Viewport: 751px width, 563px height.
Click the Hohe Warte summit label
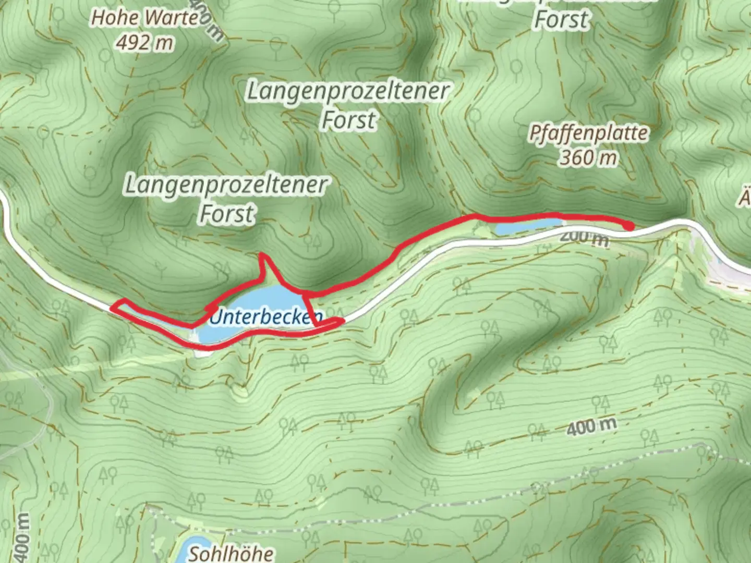(x=144, y=18)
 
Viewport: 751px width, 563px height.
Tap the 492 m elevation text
(x=144, y=42)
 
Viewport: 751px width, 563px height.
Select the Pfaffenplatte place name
(x=588, y=133)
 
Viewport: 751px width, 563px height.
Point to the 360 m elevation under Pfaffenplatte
(x=588, y=157)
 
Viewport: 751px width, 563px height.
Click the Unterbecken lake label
(x=265, y=316)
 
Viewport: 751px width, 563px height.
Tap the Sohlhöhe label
(x=231, y=553)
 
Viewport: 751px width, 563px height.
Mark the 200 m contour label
(x=584, y=238)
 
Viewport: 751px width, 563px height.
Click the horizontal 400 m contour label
(x=591, y=427)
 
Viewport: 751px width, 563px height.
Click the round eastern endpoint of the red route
(x=629, y=226)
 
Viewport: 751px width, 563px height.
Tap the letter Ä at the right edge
(x=745, y=198)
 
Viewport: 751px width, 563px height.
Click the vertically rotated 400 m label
(x=22, y=537)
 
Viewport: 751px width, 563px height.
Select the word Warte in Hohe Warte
(x=173, y=18)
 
